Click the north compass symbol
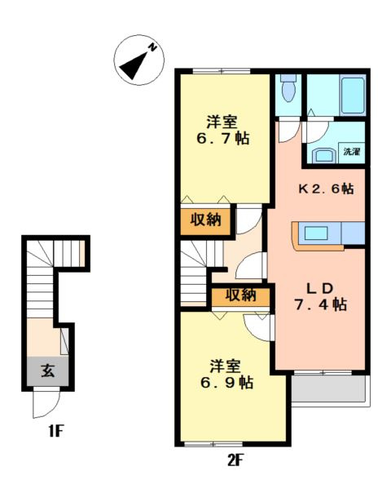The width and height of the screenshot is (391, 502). tap(139, 60)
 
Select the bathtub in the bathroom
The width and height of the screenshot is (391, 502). tap(353, 95)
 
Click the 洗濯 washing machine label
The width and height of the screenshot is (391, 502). tap(352, 152)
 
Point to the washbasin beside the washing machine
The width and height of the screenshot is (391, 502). tap(324, 155)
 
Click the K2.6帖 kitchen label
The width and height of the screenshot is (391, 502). tap(326, 189)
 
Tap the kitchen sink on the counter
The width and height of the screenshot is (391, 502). tap(316, 233)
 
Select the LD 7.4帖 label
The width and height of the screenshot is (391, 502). tap(320, 297)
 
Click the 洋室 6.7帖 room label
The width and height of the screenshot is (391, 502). tap(222, 131)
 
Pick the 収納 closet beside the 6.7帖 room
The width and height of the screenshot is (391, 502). tap(205, 221)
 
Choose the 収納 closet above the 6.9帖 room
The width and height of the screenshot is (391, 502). tap(241, 295)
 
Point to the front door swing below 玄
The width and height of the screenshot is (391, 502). tap(46, 402)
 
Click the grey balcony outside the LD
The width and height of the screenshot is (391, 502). tap(328, 389)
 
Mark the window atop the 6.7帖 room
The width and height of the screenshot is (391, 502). tap(222, 71)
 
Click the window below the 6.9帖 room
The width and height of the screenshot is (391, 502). tap(213, 444)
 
